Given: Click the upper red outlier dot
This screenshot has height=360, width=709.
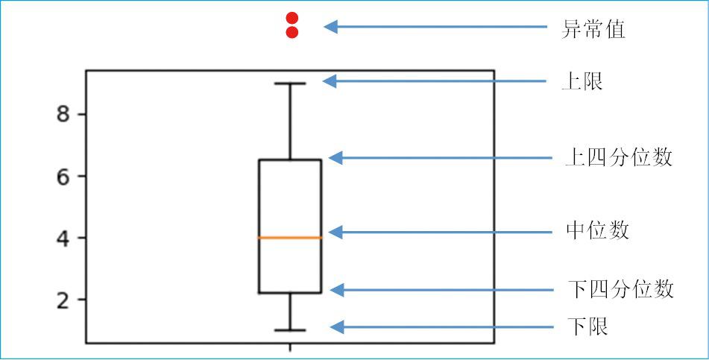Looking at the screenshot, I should click(x=292, y=18).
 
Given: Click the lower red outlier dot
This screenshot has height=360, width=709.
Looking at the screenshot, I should click(x=292, y=32).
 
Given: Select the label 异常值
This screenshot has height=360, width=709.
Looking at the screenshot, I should click(x=593, y=30).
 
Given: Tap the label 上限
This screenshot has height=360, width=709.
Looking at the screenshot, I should click(x=582, y=81).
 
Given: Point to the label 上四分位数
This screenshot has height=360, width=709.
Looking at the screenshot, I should click(x=619, y=158).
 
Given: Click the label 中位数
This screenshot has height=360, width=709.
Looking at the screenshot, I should click(x=597, y=230).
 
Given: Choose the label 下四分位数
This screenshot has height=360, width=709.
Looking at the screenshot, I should click(x=620, y=289).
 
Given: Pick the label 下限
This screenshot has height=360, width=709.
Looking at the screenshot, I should click(x=588, y=326).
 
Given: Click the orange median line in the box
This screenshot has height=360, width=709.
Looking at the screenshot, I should click(x=290, y=238).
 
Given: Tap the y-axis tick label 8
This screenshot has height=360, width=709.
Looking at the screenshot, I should click(x=63, y=115).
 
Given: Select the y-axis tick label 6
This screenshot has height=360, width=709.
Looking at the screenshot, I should click(x=63, y=177).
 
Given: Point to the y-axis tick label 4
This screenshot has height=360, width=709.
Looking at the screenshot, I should click(x=63, y=239).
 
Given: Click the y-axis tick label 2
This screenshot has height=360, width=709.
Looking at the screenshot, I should click(x=63, y=300).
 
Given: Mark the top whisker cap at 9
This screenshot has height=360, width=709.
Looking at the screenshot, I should click(x=290, y=83).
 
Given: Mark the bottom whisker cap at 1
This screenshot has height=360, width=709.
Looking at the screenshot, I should click(x=290, y=330).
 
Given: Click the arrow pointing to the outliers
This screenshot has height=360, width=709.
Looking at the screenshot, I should click(x=436, y=28).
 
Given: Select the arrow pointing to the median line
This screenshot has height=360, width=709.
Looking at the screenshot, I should click(x=440, y=233).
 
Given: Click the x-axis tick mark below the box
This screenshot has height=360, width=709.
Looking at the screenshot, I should click(x=290, y=347).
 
